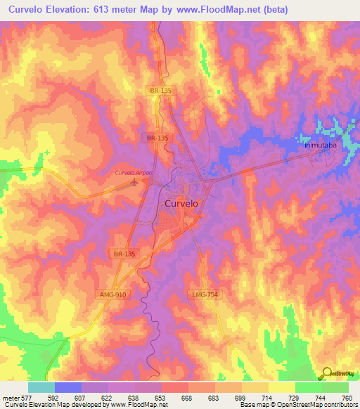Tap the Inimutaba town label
pos(320,145)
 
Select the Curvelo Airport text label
pos(134,173)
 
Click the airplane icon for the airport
pos(136,183)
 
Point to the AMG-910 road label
pos(112,294)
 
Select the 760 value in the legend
pos(346,398)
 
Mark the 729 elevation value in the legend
pos(294,398)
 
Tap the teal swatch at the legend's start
pos(41,387)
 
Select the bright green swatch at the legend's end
pos(335,387)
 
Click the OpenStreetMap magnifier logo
pos(326,373)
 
